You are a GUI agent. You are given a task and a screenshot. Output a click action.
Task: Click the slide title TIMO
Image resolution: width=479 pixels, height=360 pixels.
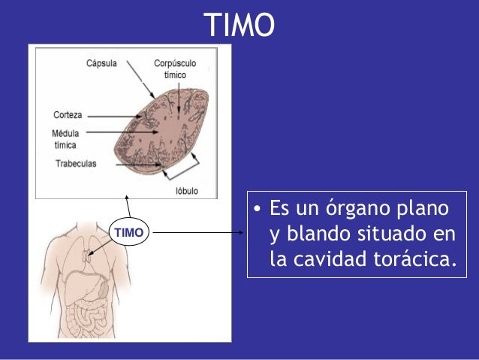(239, 25)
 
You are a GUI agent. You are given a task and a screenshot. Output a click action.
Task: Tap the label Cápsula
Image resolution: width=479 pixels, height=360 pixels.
(101, 64)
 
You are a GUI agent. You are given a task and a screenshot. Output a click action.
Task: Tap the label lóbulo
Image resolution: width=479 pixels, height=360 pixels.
(186, 191)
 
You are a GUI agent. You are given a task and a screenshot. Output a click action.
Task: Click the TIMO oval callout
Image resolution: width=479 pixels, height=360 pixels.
(128, 233)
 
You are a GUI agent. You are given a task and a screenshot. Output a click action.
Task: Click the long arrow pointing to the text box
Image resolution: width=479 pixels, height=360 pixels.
(198, 233)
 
